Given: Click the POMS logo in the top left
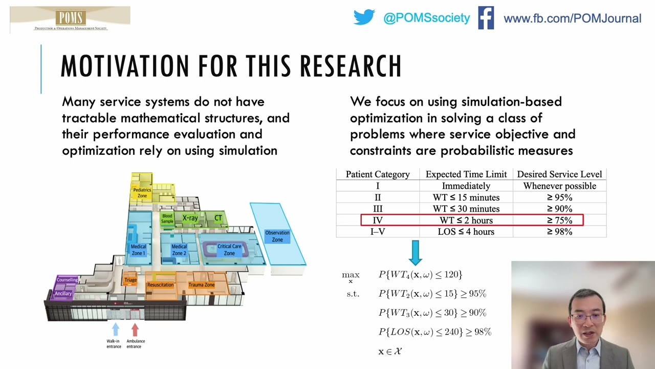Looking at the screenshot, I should (x=70, y=19).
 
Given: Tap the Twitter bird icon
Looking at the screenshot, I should (x=364, y=18).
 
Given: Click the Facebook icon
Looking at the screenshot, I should (x=486, y=18).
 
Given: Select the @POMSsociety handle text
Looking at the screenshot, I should (x=426, y=18).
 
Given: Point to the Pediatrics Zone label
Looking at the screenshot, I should (x=142, y=193).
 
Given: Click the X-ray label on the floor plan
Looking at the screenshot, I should (x=190, y=218).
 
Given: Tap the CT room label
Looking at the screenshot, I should (x=218, y=218).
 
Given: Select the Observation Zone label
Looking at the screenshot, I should (x=277, y=236).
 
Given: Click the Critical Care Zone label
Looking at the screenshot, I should (x=229, y=250).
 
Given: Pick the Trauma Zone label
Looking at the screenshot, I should (x=201, y=285).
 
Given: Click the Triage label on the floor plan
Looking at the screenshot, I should (x=130, y=280).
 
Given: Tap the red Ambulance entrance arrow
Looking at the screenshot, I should (x=135, y=329).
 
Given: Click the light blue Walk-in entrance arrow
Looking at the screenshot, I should (x=115, y=329).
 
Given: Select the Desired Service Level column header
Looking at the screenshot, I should (x=559, y=174).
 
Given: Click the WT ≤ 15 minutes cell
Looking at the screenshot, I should (x=466, y=197).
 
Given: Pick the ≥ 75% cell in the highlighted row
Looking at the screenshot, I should (x=559, y=220).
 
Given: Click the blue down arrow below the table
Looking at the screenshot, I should (x=415, y=253).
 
